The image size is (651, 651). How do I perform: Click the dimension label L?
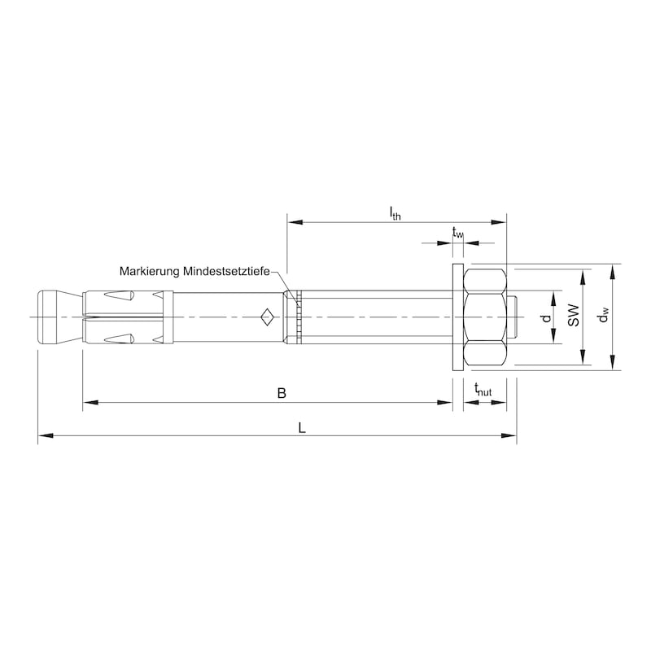302,428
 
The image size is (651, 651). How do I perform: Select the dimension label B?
282,393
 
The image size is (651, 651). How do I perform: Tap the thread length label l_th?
395,214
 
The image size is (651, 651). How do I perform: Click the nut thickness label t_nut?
483,392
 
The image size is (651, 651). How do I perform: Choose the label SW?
574,316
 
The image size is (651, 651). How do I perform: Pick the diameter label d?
547,317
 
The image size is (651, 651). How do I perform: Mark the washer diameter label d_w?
603,316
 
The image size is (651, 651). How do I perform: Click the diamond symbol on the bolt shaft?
266,316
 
